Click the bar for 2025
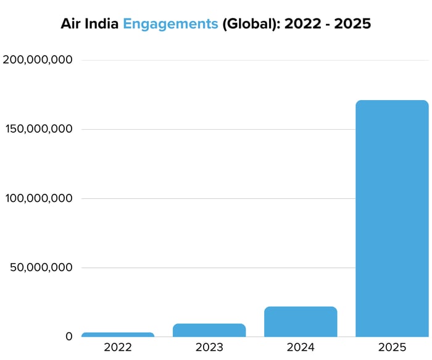[x=392, y=219]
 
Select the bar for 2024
[x=301, y=322]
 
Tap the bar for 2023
[x=209, y=330]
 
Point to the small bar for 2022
[x=118, y=335]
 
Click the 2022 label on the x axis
[x=118, y=348]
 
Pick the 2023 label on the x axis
[x=209, y=348]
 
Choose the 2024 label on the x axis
[x=301, y=348]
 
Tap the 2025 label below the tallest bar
[x=392, y=348]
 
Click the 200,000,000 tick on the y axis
[x=38, y=60]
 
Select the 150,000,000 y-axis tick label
[x=38, y=129]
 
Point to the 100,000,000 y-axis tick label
[x=38, y=198]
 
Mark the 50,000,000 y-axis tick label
[x=41, y=267]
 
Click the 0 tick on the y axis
[x=69, y=337]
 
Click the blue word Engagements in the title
[x=170, y=24]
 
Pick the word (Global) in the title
[x=251, y=24]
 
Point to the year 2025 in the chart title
[x=354, y=24]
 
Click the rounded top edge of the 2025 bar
[x=392, y=101]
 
